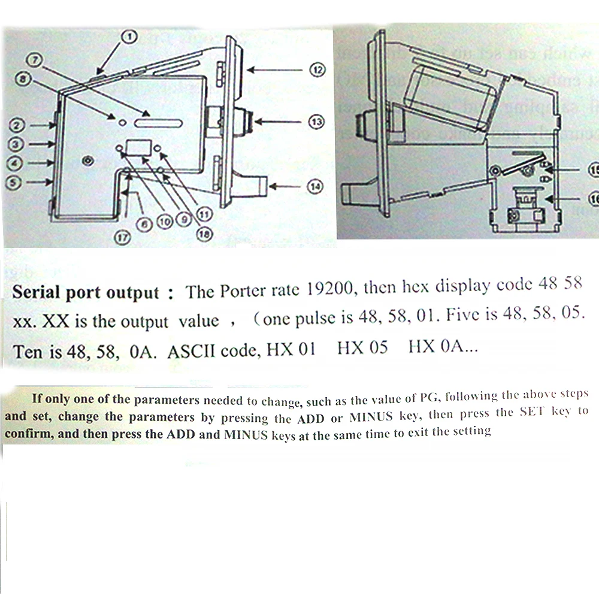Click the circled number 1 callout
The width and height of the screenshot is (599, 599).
[x=129, y=37]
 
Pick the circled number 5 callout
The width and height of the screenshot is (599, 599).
[x=17, y=181]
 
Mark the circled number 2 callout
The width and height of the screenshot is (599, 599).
[x=17, y=126]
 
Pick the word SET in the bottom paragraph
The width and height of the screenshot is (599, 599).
[x=529, y=412]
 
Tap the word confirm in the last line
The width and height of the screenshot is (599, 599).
[x=30, y=433]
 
